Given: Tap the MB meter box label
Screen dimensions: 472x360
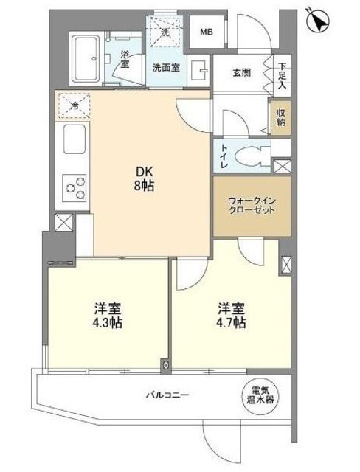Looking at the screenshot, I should tap(207, 32).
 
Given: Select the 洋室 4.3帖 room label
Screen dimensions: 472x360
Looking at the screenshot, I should tap(108, 315).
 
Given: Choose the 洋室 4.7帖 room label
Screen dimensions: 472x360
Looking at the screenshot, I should tap(230, 315).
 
